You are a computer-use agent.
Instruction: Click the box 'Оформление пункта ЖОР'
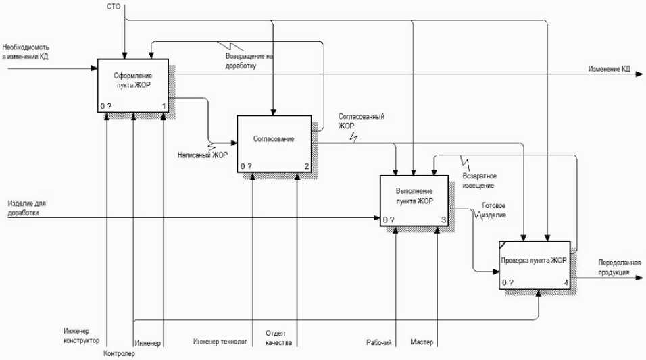[133, 86]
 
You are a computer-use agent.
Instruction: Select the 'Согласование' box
[274, 143]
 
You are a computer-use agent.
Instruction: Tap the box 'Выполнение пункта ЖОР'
[414, 200]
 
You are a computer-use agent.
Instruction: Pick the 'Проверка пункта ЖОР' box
[539, 265]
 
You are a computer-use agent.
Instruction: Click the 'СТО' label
[114, 7]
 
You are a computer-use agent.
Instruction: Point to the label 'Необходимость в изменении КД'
[26, 52]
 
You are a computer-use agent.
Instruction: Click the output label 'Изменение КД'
[609, 69]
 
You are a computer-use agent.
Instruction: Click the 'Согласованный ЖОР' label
[362, 121]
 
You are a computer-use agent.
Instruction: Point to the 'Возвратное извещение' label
[478, 180]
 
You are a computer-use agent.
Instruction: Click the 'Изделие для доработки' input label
[26, 207]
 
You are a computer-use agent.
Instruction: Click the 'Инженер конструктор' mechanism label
[82, 336]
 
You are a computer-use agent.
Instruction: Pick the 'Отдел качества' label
[278, 338]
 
